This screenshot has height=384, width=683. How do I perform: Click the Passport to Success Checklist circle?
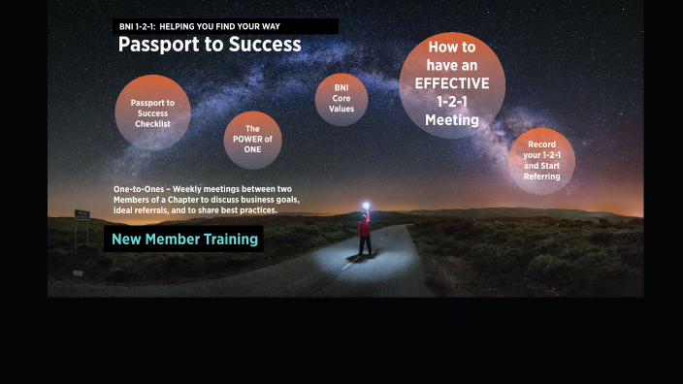tap(151, 112)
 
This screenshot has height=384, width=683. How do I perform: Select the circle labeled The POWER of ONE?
tap(252, 140)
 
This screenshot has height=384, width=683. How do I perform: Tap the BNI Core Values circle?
tap(341, 98)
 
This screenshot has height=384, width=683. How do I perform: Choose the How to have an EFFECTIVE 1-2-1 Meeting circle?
tap(452, 85)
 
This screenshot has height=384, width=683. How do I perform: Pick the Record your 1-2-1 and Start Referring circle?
tap(541, 161)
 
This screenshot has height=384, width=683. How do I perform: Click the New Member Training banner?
tap(184, 239)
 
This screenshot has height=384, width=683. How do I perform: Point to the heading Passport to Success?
tap(210, 45)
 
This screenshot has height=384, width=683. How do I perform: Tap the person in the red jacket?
tap(365, 236)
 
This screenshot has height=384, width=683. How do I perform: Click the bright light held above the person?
tap(366, 205)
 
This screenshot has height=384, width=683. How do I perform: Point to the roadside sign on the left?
tap(81, 215)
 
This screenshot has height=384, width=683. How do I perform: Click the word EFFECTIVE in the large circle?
tap(452, 83)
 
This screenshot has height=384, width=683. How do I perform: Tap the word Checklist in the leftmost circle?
tap(152, 124)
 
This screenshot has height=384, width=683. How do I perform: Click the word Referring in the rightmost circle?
tap(541, 176)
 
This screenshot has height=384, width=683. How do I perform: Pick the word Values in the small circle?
tap(341, 109)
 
